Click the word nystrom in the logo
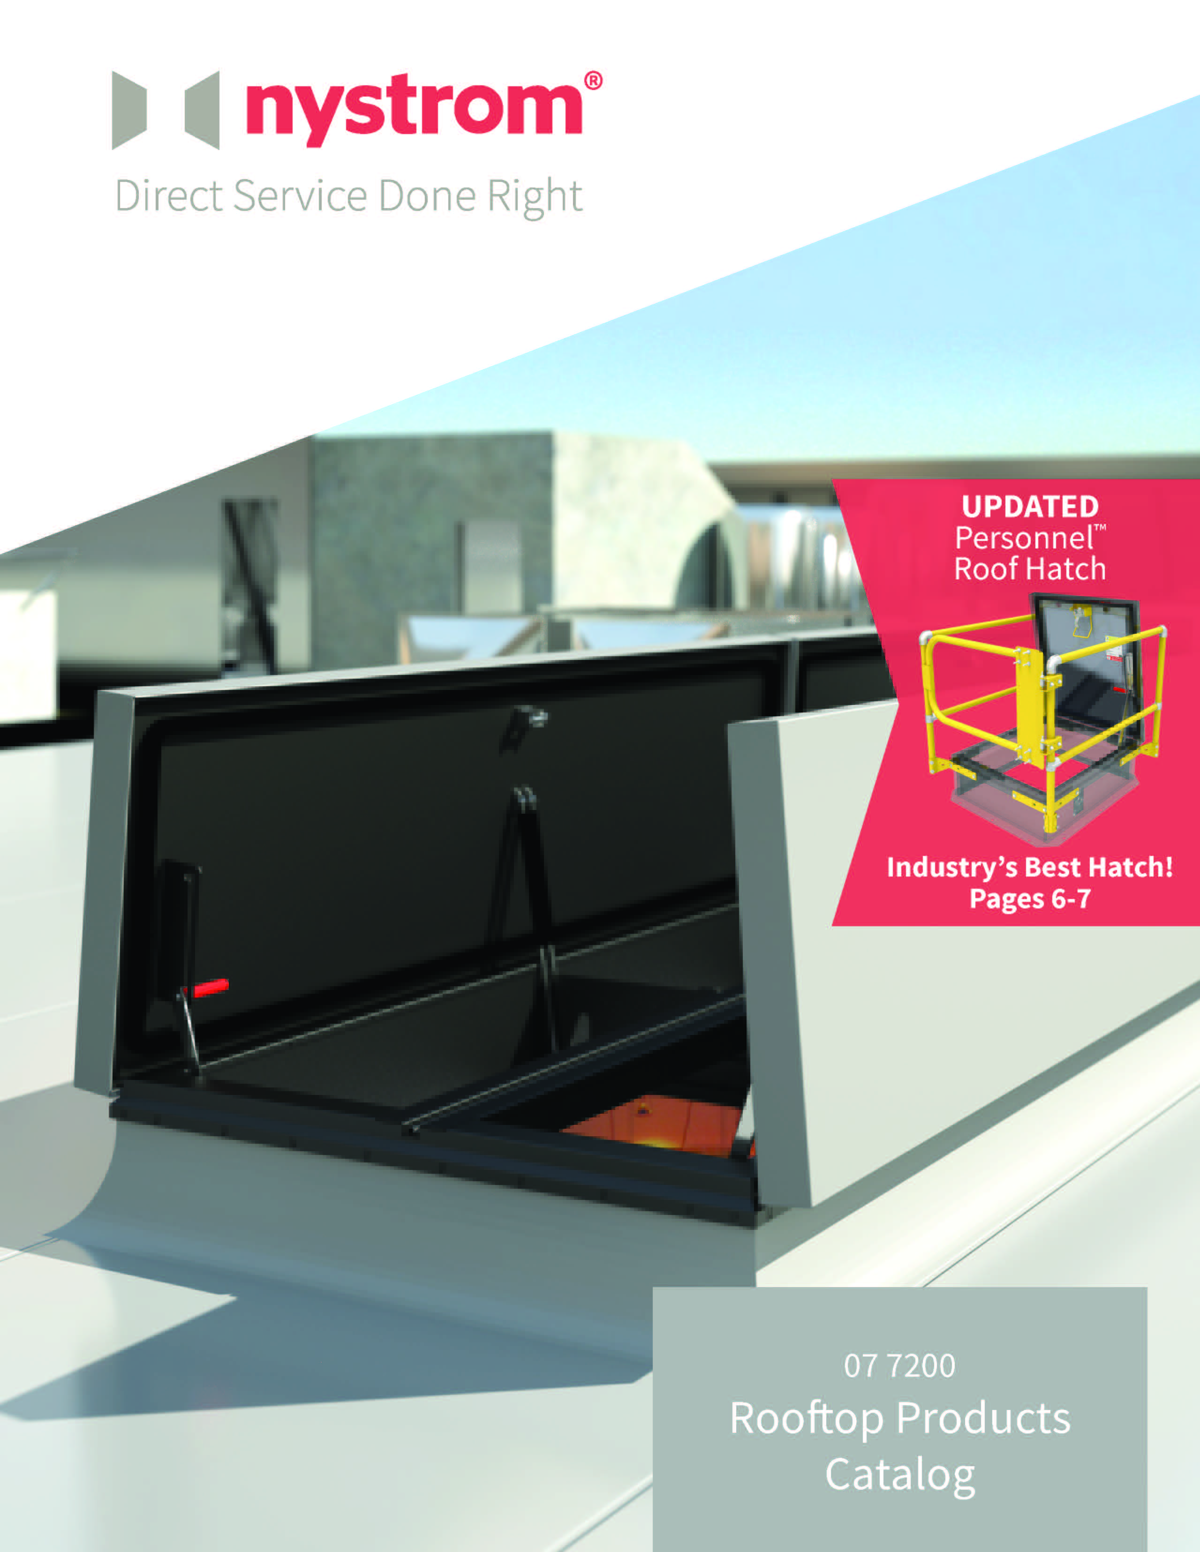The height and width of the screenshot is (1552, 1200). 414,110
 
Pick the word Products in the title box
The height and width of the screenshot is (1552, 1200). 983,1418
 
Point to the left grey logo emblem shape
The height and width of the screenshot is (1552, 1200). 129,110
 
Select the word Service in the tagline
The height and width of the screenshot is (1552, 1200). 300,195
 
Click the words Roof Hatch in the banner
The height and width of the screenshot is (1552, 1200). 1029,569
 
